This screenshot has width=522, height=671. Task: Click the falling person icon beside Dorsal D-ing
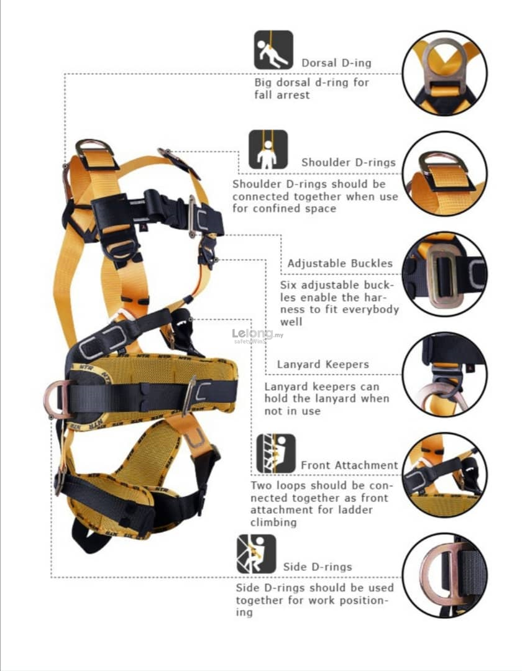[273, 50]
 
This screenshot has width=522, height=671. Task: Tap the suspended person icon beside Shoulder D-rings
[268, 149]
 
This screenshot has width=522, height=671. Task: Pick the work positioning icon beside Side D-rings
[255, 554]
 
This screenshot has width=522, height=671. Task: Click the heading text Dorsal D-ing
[336, 63]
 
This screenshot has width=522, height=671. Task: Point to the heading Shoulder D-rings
[348, 162]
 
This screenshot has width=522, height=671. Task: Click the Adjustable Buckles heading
[340, 263]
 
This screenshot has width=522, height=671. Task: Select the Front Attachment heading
[349, 465]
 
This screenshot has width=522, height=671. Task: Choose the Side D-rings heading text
[317, 566]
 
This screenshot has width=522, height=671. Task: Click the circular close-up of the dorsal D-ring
[444, 73]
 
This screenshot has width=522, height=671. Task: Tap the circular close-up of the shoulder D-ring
[444, 173]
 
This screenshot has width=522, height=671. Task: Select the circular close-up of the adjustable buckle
[444, 274]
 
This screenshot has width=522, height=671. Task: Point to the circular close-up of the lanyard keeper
[444, 375]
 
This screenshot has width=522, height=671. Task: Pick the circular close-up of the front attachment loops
[444, 475]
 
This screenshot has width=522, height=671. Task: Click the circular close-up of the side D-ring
[444, 576]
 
